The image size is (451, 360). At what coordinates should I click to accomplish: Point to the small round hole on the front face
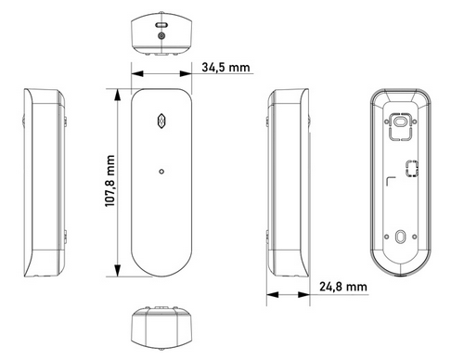[162, 170]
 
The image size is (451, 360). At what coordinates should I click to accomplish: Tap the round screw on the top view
[162, 34]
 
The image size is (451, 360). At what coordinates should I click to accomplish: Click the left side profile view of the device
[42, 181]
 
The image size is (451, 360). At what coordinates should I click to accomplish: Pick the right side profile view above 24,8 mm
[287, 181]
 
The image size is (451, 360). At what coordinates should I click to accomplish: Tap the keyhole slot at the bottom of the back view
[401, 238]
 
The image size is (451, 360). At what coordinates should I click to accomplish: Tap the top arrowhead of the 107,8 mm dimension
[119, 92]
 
